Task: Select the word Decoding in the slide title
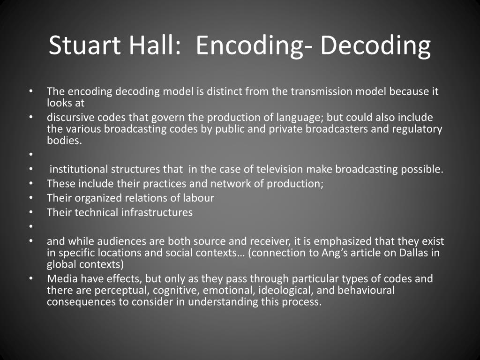[x=375, y=45]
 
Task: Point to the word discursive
[x=69, y=117]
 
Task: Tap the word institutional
[x=78, y=169]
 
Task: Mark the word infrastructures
[x=157, y=212]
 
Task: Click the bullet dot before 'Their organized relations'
[x=30, y=198]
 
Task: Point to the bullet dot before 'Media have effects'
[x=30, y=279]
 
